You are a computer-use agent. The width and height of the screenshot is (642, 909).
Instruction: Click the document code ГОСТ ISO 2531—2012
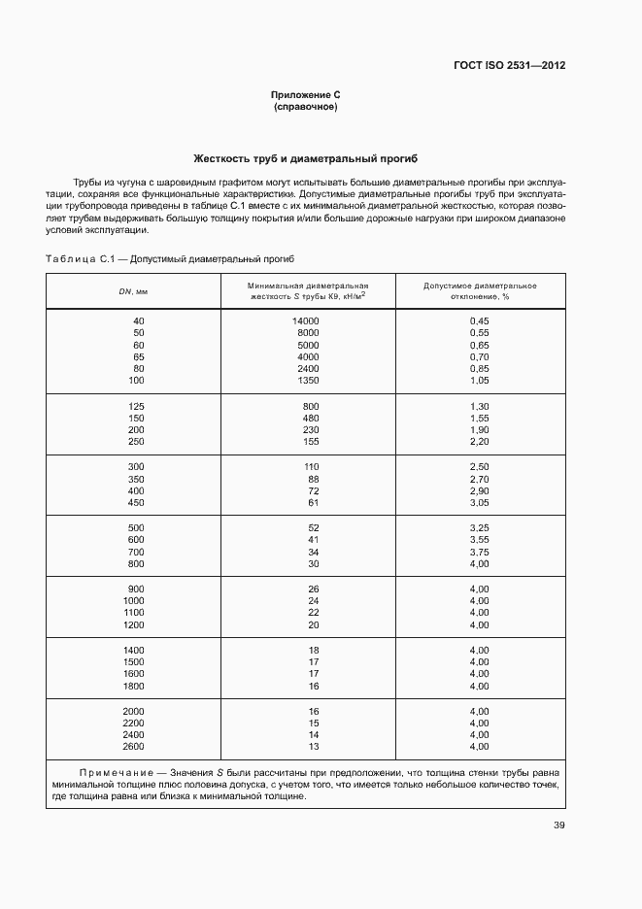point(509,66)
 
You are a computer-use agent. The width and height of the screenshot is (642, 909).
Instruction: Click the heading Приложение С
point(305,95)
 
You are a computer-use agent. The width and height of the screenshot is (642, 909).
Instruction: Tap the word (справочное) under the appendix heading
point(305,107)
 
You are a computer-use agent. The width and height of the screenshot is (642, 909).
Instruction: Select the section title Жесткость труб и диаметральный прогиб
point(305,158)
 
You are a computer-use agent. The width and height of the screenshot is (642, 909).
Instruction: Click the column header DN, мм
point(133,291)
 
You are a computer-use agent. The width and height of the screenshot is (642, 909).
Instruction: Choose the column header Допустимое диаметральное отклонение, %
point(480,291)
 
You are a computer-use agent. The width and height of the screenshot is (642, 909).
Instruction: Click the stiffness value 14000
point(305,320)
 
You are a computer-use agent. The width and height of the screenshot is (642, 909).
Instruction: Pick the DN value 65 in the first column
point(138,356)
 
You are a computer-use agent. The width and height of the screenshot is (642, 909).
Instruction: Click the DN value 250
point(136,441)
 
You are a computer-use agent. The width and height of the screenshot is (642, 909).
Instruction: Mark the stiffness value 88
point(313,479)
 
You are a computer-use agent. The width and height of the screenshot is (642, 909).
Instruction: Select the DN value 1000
point(133,600)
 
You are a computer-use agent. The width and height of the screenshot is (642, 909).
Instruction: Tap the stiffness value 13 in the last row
point(313,746)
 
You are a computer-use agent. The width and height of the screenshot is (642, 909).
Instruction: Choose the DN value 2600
point(133,746)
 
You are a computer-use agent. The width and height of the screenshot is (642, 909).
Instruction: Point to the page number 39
point(558,825)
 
